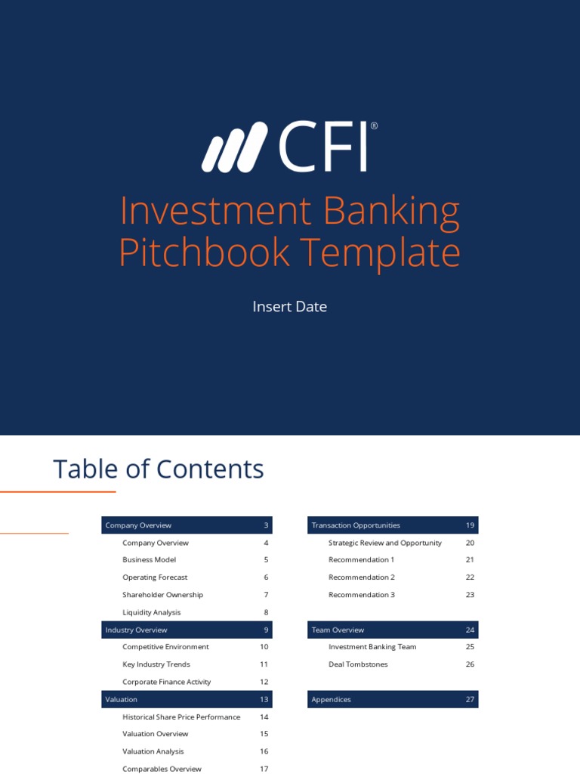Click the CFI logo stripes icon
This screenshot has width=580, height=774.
pyautogui.click(x=234, y=147)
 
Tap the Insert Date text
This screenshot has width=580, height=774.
pyautogui.click(x=290, y=307)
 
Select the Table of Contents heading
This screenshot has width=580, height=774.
pyautogui.click(x=159, y=469)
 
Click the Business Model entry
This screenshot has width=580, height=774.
pyautogui.click(x=150, y=560)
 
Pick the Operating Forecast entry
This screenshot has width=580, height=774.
pyautogui.click(x=155, y=577)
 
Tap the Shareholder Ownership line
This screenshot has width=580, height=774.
pyautogui.click(x=163, y=595)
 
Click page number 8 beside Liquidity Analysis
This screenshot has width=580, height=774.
pyautogui.click(x=266, y=612)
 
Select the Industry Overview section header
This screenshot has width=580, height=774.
pyautogui.click(x=137, y=630)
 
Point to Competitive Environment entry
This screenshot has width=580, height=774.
pyautogui.click(x=166, y=647)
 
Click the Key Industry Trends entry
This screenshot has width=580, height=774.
pyautogui.click(x=156, y=664)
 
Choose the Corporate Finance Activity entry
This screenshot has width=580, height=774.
pyautogui.click(x=167, y=682)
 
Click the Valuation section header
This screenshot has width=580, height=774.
pyautogui.click(x=122, y=700)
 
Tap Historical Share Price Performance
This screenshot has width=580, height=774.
pyautogui.click(x=181, y=717)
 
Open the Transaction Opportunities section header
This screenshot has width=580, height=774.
pyautogui.click(x=356, y=525)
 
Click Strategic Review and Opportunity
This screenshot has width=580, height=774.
pyautogui.click(x=385, y=543)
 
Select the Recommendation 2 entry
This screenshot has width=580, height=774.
pyautogui.click(x=362, y=577)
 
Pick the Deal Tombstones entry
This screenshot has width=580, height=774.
pyautogui.click(x=359, y=664)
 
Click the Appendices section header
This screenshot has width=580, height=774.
pyautogui.click(x=332, y=700)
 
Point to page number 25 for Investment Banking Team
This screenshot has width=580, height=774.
pyautogui.click(x=470, y=647)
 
